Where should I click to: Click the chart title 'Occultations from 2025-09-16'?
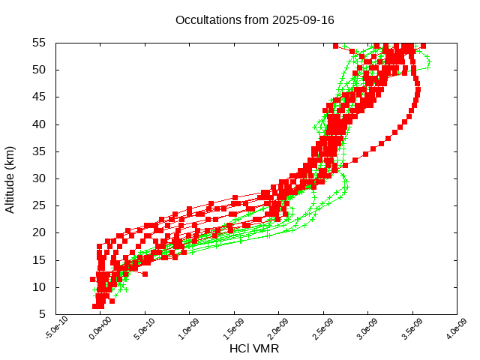(244, 20)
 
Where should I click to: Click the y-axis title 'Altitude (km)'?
(10, 178)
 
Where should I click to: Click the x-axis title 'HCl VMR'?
(254, 349)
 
